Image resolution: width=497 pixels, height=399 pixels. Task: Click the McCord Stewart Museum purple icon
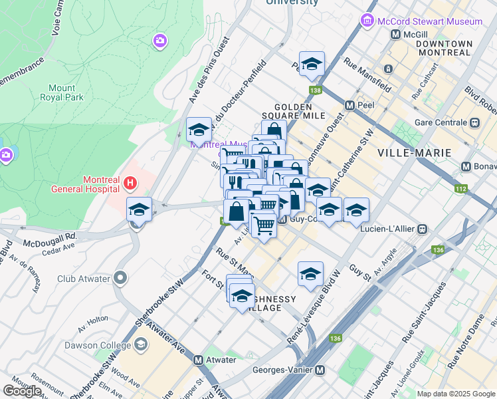tap(367, 21)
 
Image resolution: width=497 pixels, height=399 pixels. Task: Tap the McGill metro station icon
tap(396, 35)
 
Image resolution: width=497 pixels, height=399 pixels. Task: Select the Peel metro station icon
tap(349, 105)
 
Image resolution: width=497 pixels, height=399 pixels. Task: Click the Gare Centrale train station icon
tap(474, 123)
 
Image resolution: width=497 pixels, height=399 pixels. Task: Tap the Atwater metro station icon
tap(198, 360)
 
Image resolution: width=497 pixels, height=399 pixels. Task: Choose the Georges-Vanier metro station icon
tap(320, 370)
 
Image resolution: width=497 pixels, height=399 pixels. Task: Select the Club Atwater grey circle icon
tap(120, 276)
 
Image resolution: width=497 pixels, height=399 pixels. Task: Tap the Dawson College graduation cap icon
tap(140, 344)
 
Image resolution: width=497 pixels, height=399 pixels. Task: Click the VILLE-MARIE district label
tap(415, 152)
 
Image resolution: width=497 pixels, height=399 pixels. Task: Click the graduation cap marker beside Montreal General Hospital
tap(140, 209)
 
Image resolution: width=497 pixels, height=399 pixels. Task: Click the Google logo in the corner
tap(23, 391)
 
